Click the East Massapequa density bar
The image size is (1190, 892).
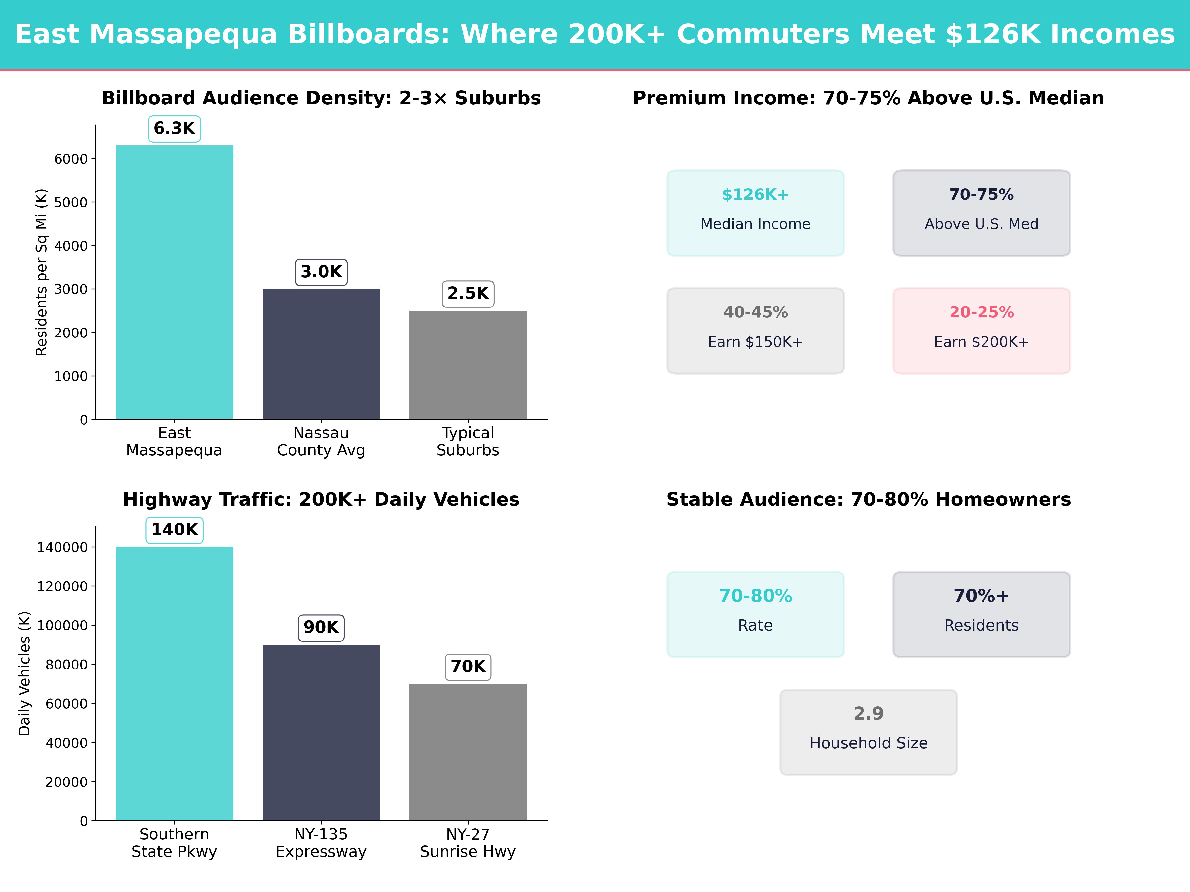click(174, 282)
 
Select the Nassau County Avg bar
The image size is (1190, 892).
click(321, 354)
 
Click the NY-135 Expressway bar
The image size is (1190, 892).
click(321, 732)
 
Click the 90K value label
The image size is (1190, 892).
click(321, 627)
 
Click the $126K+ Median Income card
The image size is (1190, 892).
click(755, 213)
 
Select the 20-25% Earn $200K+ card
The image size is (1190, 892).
click(981, 331)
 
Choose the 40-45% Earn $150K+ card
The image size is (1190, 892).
click(755, 331)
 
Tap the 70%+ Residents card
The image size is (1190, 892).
click(981, 614)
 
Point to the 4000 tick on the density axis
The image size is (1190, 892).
click(70, 246)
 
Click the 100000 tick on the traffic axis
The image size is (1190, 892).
click(62, 625)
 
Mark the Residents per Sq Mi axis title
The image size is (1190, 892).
click(41, 272)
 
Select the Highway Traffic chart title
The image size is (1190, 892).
click(321, 500)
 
